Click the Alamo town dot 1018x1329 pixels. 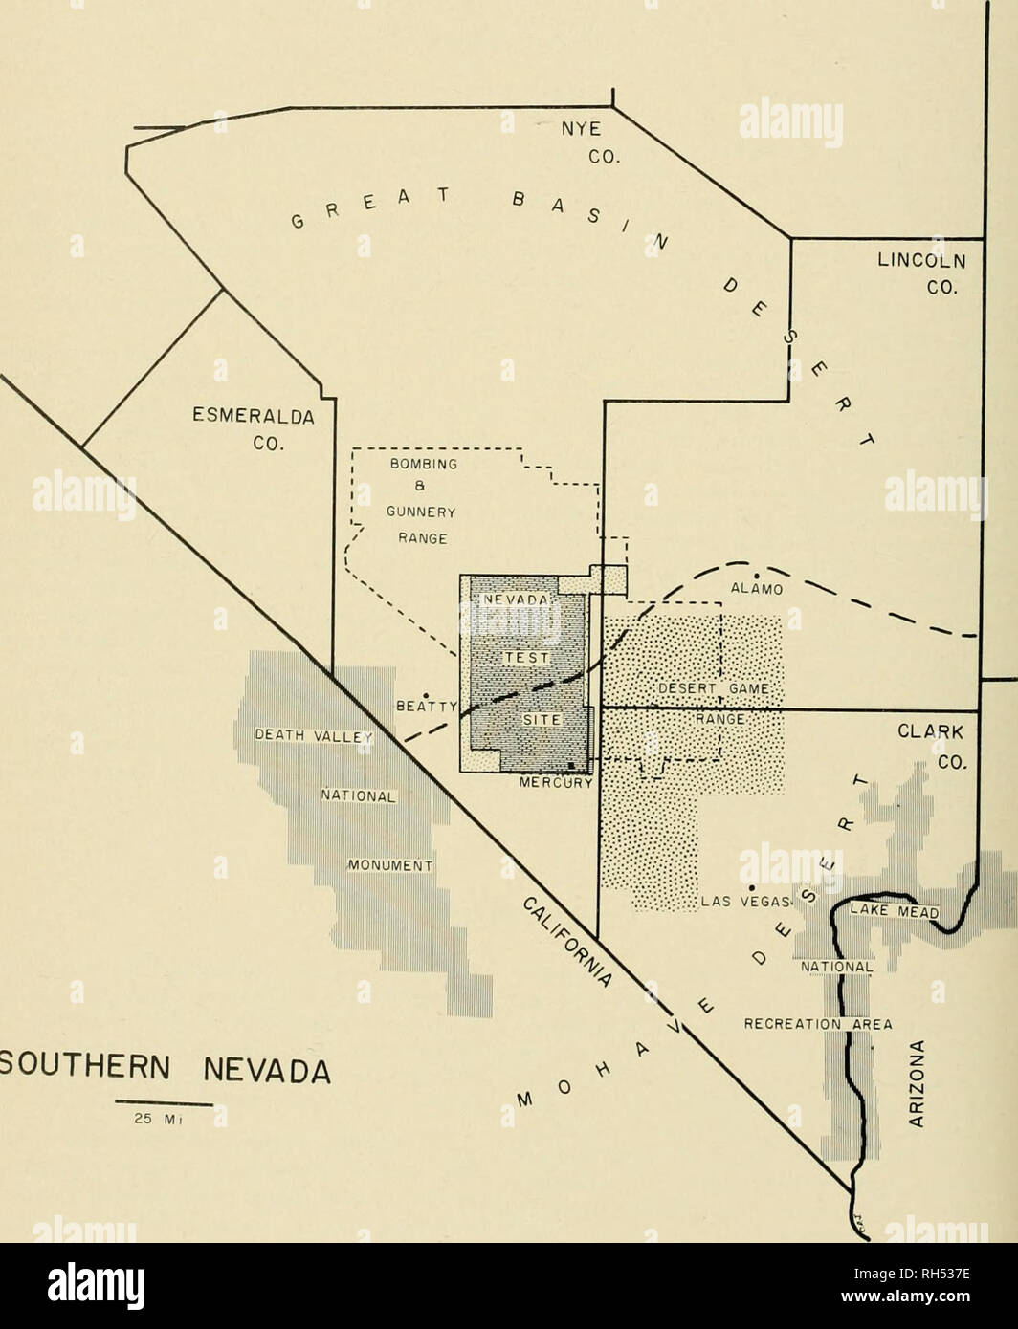pos(757,574)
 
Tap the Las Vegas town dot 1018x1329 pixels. pos(751,872)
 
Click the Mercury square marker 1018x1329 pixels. pos(571,767)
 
